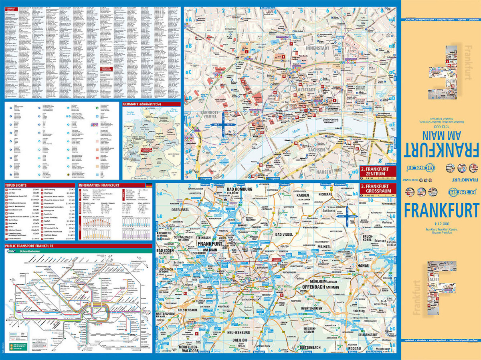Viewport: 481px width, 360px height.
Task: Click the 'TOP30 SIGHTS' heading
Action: (x=16, y=185)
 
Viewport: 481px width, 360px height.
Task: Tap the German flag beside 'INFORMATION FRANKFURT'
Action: (x=149, y=185)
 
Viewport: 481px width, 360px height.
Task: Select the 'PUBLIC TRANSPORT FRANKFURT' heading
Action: (x=29, y=246)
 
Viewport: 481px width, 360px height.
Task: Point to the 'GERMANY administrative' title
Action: (x=142, y=104)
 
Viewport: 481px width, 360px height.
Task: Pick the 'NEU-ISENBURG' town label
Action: (x=239, y=333)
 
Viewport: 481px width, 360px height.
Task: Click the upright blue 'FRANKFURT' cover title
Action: (x=441, y=210)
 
